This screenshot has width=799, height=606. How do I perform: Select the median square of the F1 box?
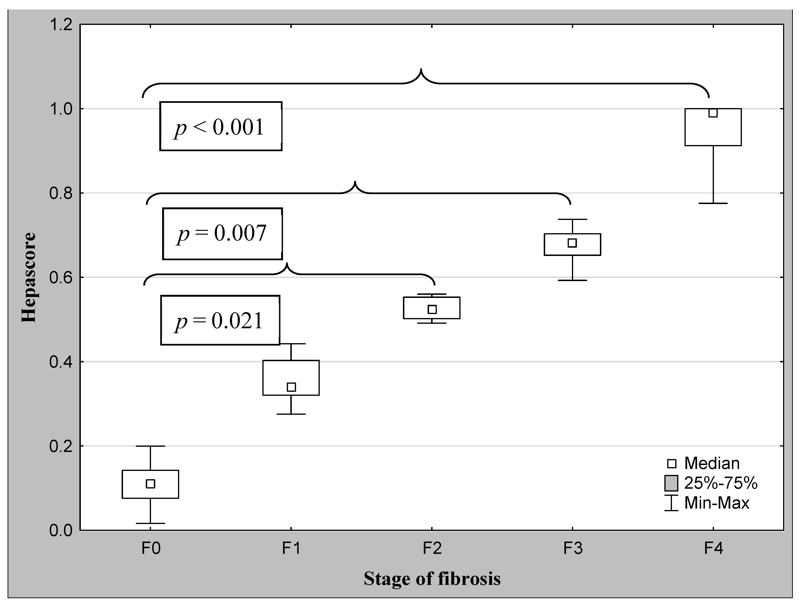point(291,387)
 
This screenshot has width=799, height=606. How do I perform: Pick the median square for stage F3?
point(572,243)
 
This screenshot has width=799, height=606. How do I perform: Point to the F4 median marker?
point(713,113)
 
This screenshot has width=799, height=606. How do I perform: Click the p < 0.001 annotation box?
point(221,126)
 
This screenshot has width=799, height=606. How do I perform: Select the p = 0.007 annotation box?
point(223,234)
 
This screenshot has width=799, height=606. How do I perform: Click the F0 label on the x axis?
point(151,548)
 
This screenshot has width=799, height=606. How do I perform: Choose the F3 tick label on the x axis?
point(573,548)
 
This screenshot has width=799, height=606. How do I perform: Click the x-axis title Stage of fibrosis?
point(432,579)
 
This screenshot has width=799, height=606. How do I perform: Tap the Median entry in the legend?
point(702,463)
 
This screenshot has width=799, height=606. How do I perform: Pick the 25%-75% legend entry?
point(711,483)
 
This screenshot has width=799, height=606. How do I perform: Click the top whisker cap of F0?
point(150,446)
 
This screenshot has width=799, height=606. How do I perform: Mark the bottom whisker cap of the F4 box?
point(713,203)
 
